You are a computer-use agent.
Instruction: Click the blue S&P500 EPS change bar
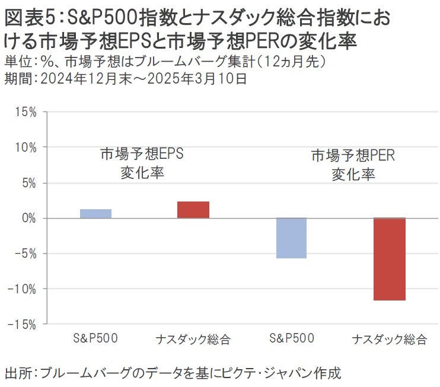click(x=95, y=213)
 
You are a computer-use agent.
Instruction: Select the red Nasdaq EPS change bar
click(x=193, y=210)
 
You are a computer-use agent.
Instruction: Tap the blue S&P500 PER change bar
click(x=291, y=238)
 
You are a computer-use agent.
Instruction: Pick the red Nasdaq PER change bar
click(x=389, y=259)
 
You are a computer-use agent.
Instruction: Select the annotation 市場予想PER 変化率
click(x=353, y=165)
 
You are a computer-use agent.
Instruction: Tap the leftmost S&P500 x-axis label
click(x=95, y=339)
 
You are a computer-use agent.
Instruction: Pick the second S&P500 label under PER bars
click(x=291, y=339)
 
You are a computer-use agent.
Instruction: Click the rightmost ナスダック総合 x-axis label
click(x=389, y=340)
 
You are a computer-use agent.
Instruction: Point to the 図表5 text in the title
click(x=30, y=18)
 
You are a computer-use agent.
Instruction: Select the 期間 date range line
click(x=125, y=78)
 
